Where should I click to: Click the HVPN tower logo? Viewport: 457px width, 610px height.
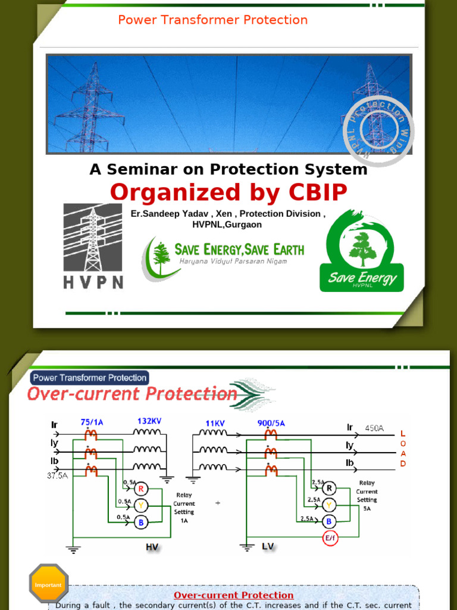pyautogui.click(x=93, y=245)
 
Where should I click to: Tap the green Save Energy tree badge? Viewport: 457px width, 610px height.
pyautogui.click(x=362, y=250)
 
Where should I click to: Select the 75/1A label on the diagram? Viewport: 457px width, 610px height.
pyautogui.click(x=92, y=422)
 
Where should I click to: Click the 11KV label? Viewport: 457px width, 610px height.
pyautogui.click(x=215, y=422)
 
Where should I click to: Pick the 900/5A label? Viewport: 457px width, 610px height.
pyautogui.click(x=271, y=423)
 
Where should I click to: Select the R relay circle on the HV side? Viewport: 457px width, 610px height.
pyautogui.click(x=141, y=489)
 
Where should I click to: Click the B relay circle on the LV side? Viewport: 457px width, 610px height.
pyautogui.click(x=328, y=521)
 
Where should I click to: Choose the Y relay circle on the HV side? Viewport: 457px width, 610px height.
pyautogui.click(x=141, y=506)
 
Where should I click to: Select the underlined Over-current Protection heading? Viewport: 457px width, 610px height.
pyautogui.click(x=233, y=595)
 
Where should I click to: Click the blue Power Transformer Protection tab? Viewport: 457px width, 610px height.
pyautogui.click(x=89, y=378)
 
